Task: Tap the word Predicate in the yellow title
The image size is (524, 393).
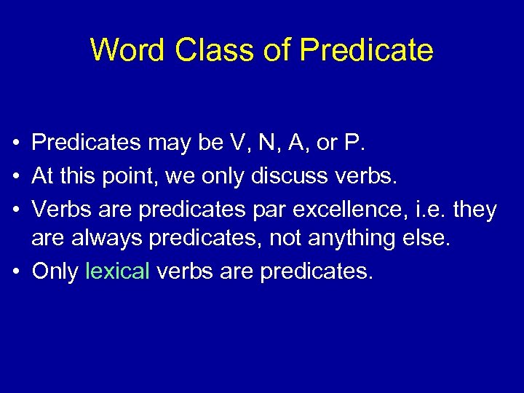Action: (366, 50)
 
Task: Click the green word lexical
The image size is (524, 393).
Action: (118, 271)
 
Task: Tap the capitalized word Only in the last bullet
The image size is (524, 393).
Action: (55, 271)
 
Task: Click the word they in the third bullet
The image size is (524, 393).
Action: (475, 210)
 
